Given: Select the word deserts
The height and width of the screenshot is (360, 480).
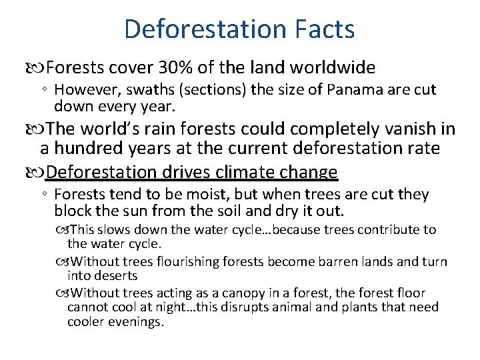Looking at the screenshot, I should coord(116,275).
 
